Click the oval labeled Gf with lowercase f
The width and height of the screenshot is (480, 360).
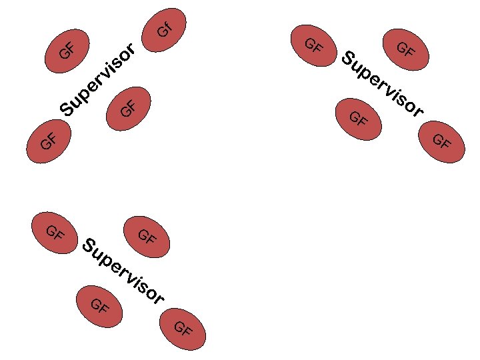point(165,29)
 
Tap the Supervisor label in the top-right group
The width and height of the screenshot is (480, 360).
point(382,83)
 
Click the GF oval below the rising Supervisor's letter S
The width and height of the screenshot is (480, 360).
point(47,141)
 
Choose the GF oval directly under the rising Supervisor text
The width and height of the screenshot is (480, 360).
point(129,107)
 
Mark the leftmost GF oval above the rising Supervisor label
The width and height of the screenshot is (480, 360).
point(67,50)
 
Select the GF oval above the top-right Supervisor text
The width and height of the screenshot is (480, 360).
point(405,49)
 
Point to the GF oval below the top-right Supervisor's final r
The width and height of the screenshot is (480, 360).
point(441,141)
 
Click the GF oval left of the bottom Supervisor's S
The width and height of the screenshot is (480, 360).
point(55,233)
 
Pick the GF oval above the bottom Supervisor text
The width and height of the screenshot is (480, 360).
point(147,236)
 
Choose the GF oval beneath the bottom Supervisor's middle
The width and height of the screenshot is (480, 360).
point(99,306)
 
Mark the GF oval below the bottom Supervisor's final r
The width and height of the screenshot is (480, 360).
point(183,329)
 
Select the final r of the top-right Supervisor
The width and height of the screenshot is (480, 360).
point(418,111)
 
